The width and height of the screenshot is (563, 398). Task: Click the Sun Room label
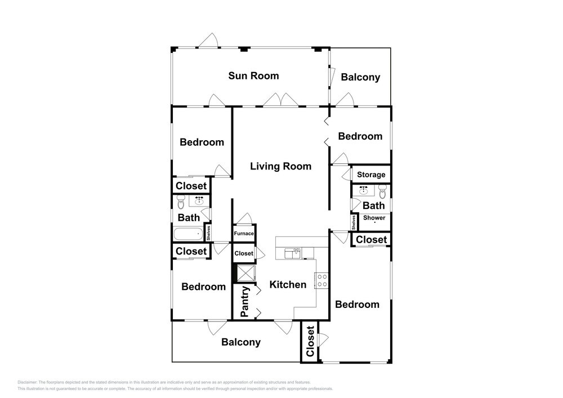coord(253,76)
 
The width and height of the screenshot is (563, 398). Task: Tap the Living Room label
coord(281,166)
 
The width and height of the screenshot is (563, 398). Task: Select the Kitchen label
coord(288,285)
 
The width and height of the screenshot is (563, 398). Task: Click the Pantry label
coord(245,302)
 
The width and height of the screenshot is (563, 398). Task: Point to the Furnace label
coord(244,233)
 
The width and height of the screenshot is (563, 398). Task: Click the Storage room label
coord(371,175)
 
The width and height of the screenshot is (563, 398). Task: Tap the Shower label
coord(374,217)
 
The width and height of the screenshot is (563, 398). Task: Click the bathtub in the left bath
coord(188,234)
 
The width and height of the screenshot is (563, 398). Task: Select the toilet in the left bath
coord(181,202)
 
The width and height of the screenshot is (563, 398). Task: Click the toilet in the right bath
coord(382,191)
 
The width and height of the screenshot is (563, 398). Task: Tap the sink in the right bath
coord(364,190)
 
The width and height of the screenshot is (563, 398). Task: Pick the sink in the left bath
coord(199,200)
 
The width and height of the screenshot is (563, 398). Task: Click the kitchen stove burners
coord(322,281)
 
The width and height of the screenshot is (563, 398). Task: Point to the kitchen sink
coord(292,253)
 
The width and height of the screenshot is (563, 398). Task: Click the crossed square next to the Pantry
coord(246,273)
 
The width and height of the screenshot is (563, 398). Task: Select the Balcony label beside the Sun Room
coord(360,77)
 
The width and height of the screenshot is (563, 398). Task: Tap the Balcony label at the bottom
coord(241,342)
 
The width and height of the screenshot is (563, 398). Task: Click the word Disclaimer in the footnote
coord(27,382)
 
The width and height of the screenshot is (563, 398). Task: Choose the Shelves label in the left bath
coord(208,233)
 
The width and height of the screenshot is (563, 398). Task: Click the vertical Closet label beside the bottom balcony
coord(310,341)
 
